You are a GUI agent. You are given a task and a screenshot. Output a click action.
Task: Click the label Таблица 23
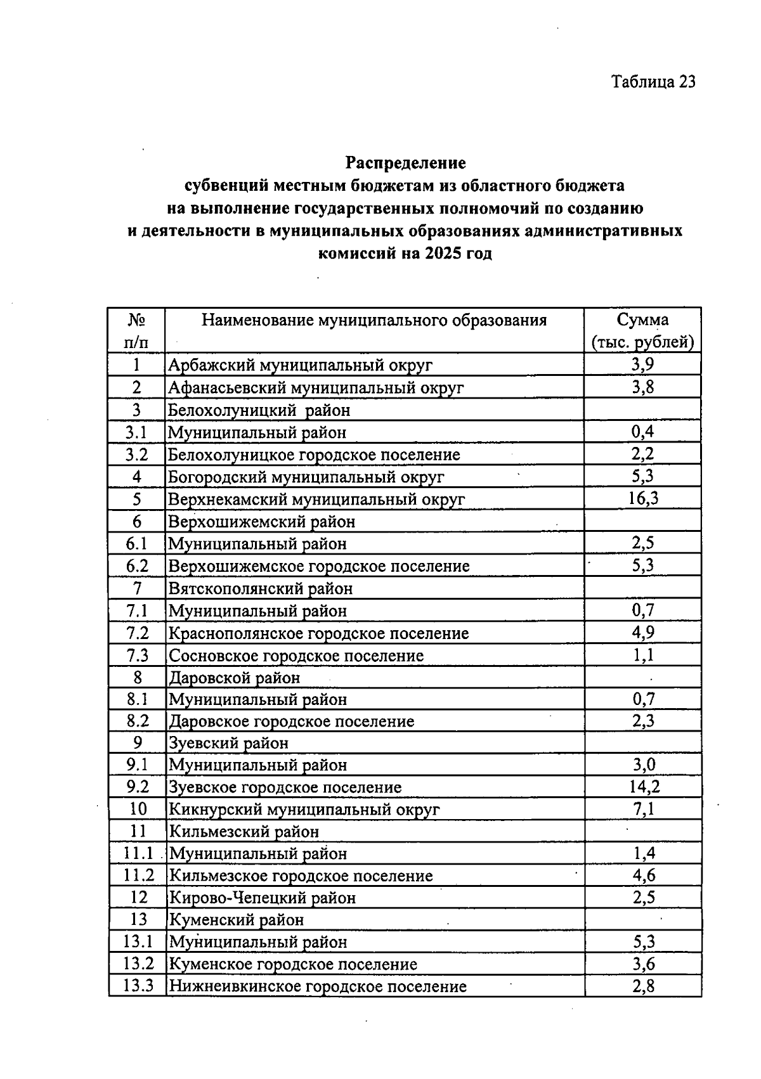point(653,82)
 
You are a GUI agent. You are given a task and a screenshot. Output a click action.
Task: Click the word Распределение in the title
point(406,163)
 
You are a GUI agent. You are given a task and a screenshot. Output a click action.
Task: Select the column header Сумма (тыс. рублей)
point(642,331)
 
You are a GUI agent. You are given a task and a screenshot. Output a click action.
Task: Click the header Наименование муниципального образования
point(374,320)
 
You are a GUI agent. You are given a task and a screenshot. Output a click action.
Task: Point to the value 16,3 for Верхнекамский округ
point(643,499)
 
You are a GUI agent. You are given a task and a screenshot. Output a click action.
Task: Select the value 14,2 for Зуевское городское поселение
point(643,787)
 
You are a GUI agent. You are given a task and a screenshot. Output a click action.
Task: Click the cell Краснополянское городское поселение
point(318,633)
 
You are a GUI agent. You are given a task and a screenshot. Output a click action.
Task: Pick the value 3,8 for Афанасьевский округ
point(643,387)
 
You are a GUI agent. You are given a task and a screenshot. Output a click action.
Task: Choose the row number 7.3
point(137,656)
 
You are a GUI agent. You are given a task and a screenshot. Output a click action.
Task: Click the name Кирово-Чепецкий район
point(262,898)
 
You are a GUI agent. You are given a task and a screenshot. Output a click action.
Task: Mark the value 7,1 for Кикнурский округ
point(643,810)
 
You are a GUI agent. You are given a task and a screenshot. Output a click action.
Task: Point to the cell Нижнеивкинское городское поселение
point(317,986)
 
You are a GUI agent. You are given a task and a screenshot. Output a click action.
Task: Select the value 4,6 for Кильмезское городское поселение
point(643,876)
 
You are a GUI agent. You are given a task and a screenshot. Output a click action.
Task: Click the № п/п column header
point(137,331)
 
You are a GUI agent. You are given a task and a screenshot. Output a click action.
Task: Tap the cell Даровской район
point(234,678)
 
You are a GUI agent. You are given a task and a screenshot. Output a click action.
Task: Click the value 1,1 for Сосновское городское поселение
point(643,656)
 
